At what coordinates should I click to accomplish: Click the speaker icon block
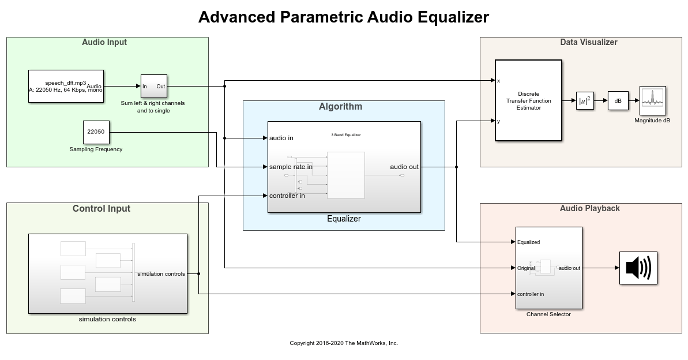point(638,268)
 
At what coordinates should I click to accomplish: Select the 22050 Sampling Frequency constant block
point(96,132)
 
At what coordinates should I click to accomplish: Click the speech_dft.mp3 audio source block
point(66,86)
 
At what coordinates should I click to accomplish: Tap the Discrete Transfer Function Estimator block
point(528,100)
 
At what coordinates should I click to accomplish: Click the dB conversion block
point(618,100)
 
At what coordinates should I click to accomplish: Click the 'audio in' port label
point(281,138)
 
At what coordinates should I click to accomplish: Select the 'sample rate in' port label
point(291,167)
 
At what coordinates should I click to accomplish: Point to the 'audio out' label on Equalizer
point(404,167)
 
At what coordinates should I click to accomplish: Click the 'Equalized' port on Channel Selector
point(529,242)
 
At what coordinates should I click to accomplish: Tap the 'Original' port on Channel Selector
point(526,268)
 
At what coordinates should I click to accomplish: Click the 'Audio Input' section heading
point(104,42)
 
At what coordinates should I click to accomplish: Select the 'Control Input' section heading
point(101,209)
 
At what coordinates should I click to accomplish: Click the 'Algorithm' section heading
point(340,106)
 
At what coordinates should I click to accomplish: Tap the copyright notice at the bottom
point(344,343)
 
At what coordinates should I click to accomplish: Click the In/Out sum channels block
point(154,87)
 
